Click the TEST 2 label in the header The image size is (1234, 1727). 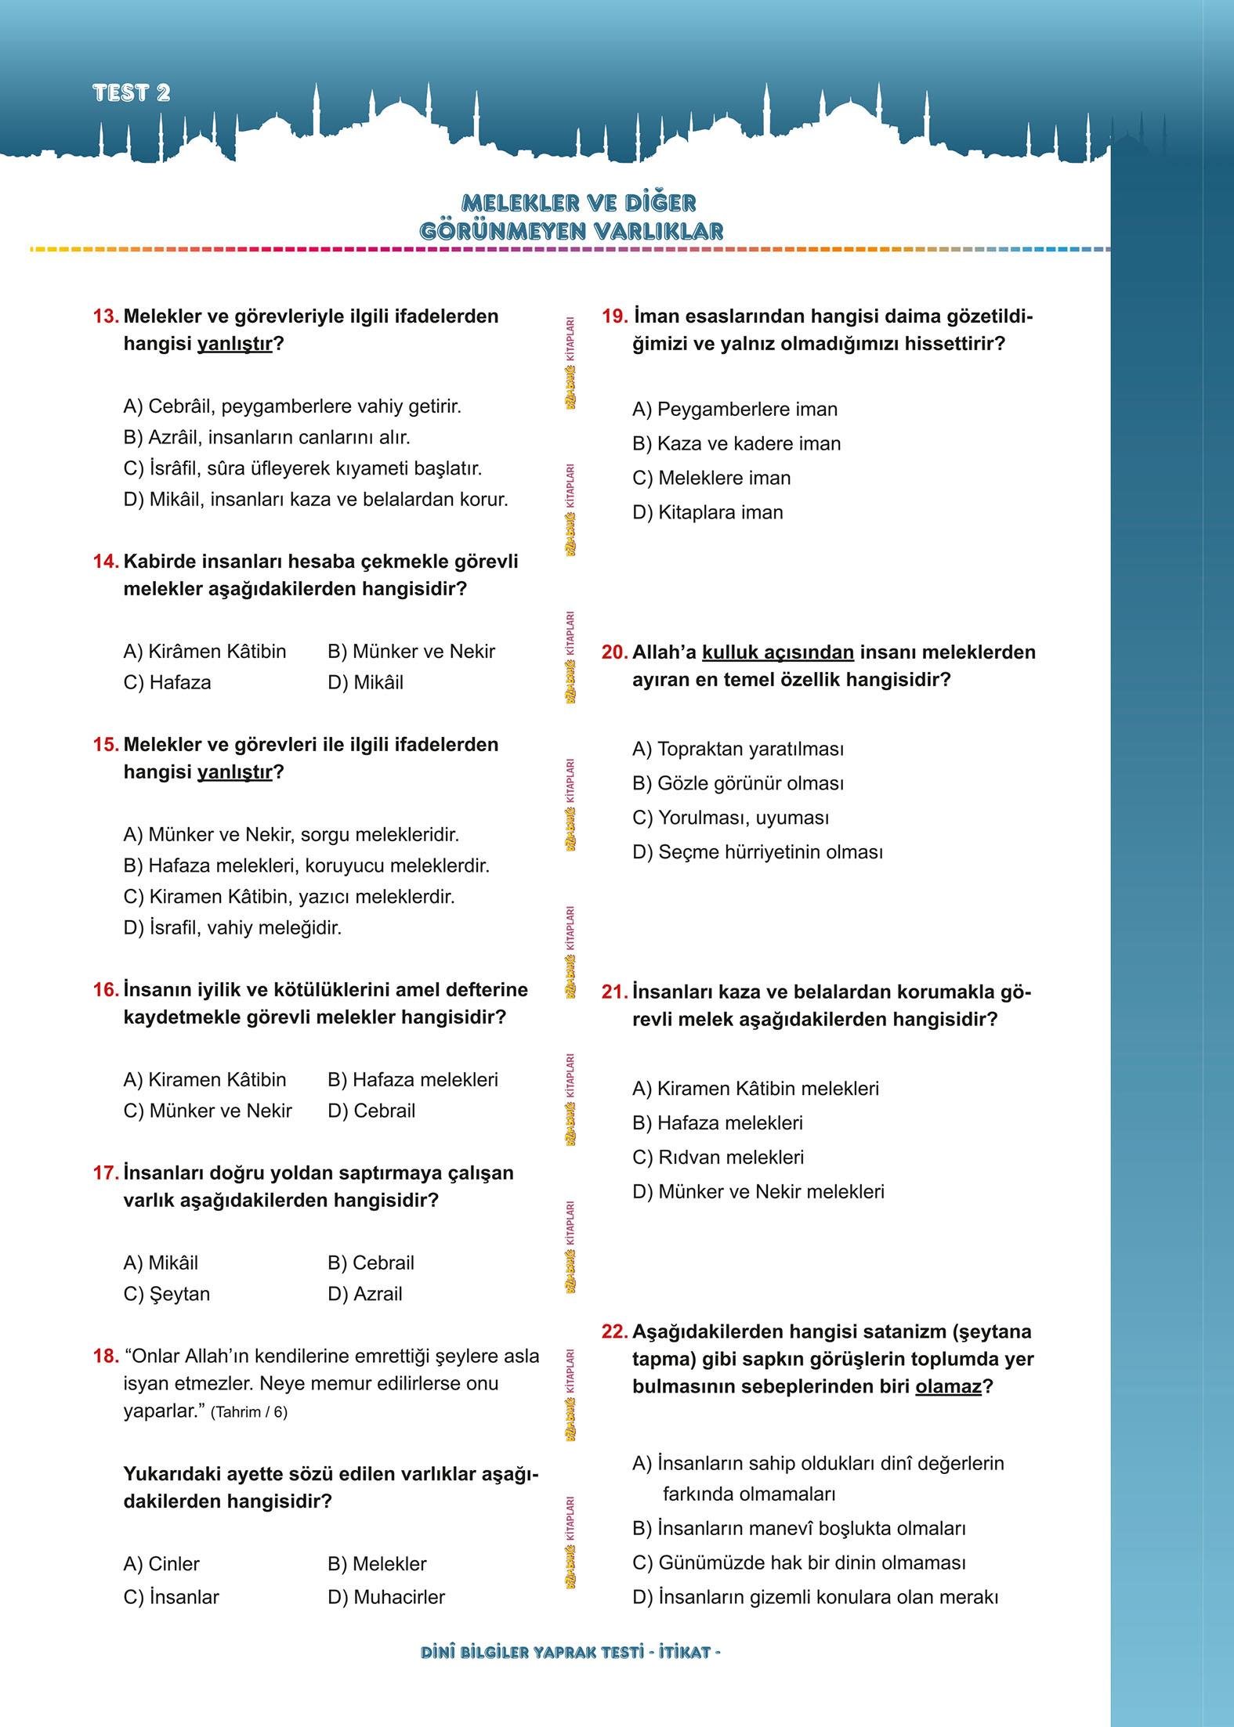pos(131,93)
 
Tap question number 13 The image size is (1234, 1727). pos(105,316)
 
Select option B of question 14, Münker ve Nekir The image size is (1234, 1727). pos(411,652)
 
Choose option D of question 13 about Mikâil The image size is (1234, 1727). pos(316,500)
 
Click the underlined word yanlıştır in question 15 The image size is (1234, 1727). pos(234,772)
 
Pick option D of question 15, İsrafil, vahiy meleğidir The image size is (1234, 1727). pos(233,928)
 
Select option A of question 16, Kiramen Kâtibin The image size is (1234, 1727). pos(205,1080)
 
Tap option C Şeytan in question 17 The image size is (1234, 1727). pos(167,1294)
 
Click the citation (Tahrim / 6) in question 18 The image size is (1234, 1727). pos(249,1412)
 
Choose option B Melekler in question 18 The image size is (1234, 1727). pos(377,1564)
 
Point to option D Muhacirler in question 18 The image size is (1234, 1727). pos(386,1597)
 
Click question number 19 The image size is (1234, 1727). pos(615,316)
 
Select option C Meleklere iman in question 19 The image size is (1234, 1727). pos(711,479)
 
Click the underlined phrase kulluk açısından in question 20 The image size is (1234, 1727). pos(777,652)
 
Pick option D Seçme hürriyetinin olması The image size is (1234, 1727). pos(757,852)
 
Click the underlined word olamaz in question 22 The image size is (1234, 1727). pos(948,1387)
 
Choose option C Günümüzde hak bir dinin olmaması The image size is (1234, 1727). pos(798,1563)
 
